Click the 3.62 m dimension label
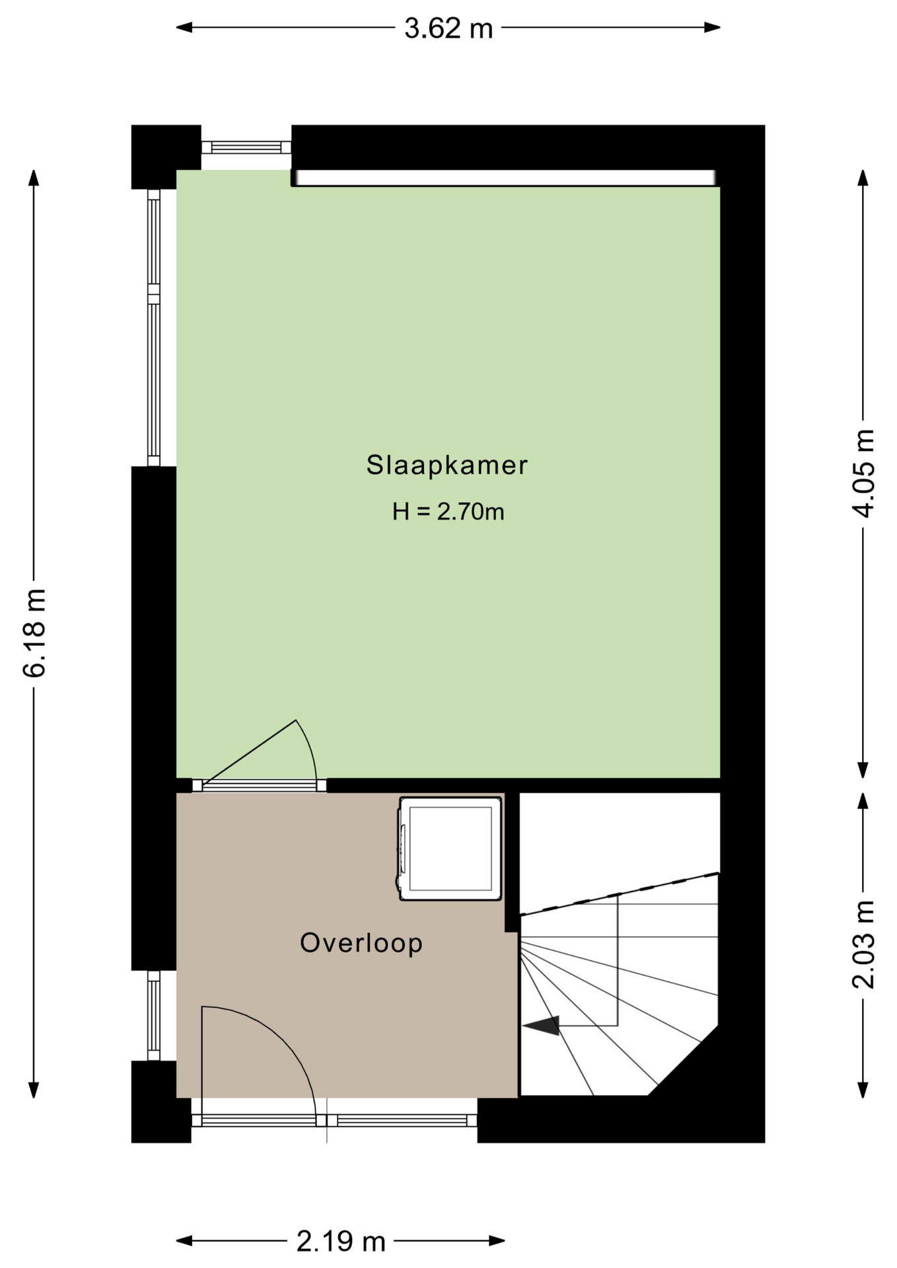(x=448, y=28)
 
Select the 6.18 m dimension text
(x=34, y=633)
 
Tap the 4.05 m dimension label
(x=863, y=473)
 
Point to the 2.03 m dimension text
(x=863, y=944)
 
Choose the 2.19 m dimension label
(x=341, y=1242)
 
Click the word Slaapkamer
(x=447, y=465)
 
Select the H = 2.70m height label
(x=448, y=512)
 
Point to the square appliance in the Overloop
(x=450, y=849)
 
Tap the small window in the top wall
(x=246, y=147)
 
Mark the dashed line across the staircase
(x=620, y=894)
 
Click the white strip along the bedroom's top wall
(x=505, y=178)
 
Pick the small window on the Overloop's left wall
(x=153, y=1015)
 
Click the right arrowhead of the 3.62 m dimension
(x=712, y=28)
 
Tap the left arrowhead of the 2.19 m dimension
(x=184, y=1242)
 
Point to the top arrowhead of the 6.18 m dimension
(x=34, y=178)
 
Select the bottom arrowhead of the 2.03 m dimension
(x=863, y=1090)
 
